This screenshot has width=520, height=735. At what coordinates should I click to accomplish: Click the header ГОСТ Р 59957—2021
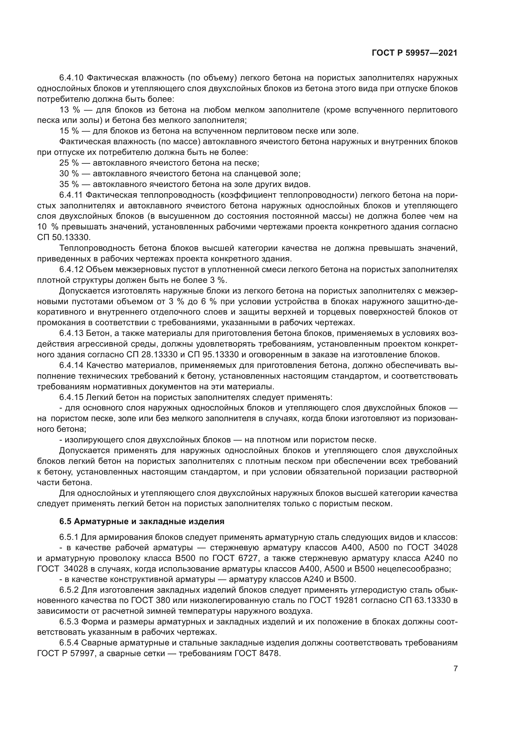click(414, 53)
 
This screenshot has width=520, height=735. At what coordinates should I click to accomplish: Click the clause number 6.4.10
click(71, 78)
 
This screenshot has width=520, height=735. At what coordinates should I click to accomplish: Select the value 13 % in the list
click(69, 110)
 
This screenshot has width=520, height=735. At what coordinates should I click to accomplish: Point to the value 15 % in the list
click(69, 131)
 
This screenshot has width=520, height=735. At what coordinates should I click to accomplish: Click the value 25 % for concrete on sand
click(69, 163)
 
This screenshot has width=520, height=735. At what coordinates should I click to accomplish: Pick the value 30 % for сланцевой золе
click(69, 173)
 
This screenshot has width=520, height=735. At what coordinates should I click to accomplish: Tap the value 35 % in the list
click(69, 184)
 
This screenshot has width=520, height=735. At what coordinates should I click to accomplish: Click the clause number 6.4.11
click(71, 195)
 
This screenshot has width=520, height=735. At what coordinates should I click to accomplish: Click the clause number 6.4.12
click(71, 270)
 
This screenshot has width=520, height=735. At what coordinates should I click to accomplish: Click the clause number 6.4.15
click(71, 397)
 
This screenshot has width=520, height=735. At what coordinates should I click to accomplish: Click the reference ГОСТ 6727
click(235, 558)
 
